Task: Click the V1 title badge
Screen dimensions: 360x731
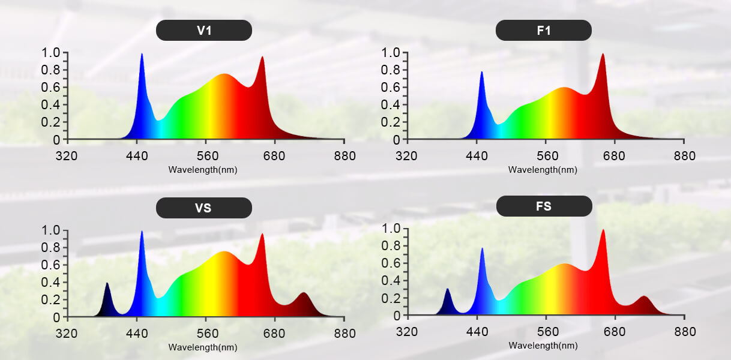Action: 204,31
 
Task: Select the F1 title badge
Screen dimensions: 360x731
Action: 544,31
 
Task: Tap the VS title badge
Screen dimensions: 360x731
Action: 204,208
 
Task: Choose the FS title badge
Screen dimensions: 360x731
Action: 544,206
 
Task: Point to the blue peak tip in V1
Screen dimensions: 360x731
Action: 142,55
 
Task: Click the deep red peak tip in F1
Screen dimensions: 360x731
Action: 603,55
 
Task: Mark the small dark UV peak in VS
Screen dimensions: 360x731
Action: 107,284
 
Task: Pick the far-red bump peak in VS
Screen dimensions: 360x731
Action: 304,293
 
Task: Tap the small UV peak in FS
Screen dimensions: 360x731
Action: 447,290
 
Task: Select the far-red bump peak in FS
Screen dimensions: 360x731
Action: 644,297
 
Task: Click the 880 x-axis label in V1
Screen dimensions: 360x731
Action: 344,156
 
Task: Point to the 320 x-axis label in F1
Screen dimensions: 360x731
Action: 408,156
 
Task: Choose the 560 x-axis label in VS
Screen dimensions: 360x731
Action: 206,334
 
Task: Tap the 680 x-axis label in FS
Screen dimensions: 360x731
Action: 615,332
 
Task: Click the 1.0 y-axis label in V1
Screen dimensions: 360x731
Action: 51,53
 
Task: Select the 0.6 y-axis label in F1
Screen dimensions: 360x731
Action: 391,88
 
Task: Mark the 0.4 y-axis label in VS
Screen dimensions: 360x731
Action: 51,282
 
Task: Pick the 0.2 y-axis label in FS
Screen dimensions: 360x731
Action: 391,298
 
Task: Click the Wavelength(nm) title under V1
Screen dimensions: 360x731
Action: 203,170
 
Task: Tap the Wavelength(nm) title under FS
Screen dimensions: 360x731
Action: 543,346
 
